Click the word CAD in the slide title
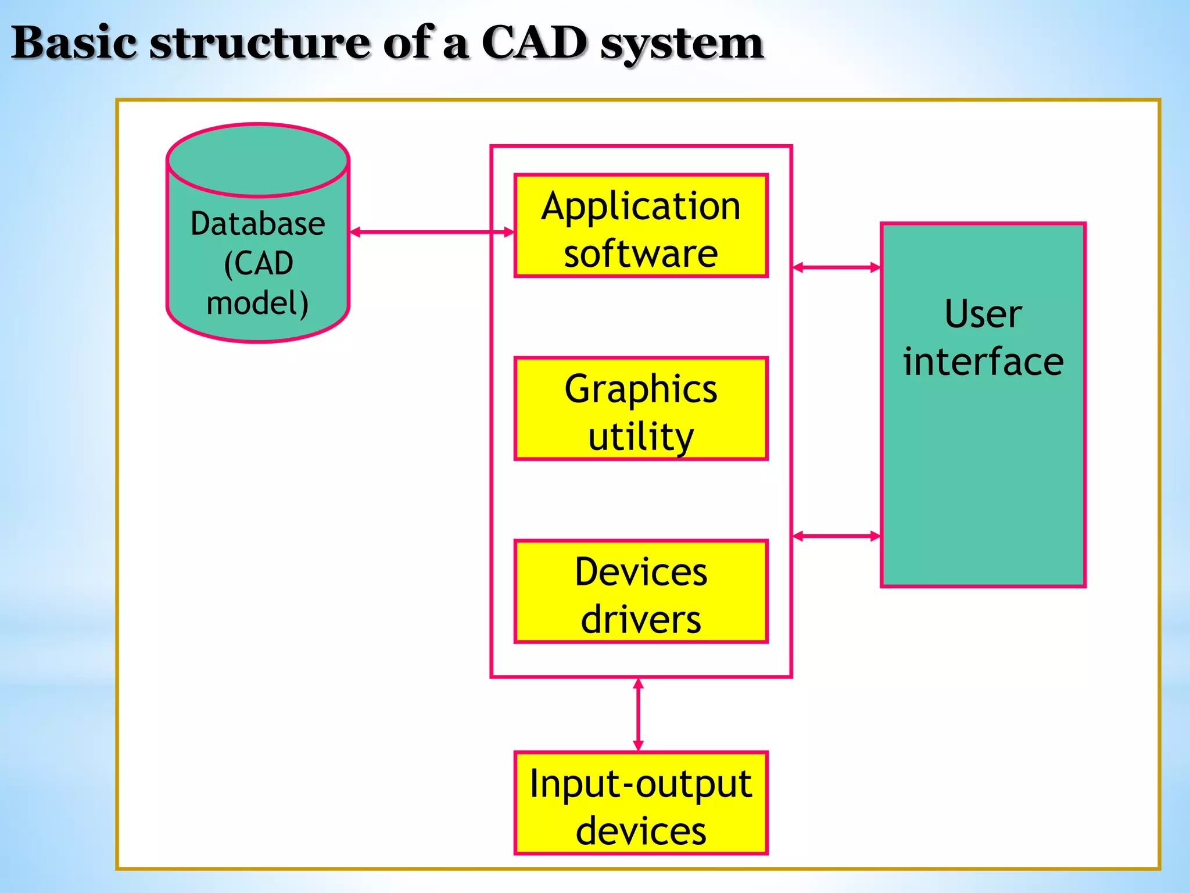tap(534, 43)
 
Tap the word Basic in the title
tap(74, 43)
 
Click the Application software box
tap(641, 226)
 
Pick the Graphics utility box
tap(641, 409)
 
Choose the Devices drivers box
tap(641, 591)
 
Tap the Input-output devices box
tap(641, 803)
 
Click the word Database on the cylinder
tap(257, 224)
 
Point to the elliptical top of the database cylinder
tap(257, 159)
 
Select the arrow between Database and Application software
tap(432, 232)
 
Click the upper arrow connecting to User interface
tap(836, 267)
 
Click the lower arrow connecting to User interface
tap(836, 536)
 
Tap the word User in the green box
tap(983, 314)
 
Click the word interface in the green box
tap(983, 362)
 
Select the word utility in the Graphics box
tap(641, 437)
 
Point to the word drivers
tap(641, 619)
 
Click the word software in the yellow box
tap(641, 253)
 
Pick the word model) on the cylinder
tap(257, 303)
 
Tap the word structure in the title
tap(260, 43)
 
